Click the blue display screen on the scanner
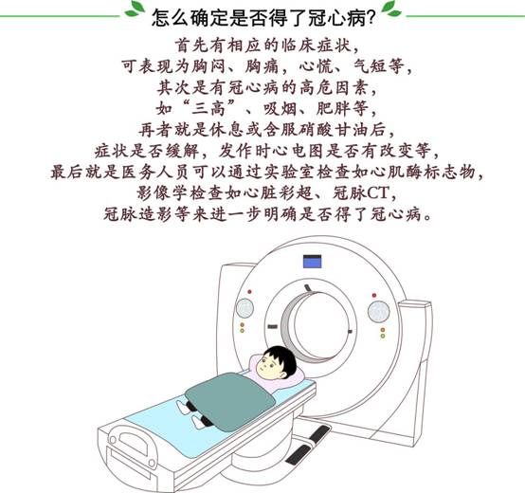pyautogui.click(x=312, y=262)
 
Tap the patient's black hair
pyautogui.click(x=281, y=358)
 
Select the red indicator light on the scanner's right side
pyautogui.click(x=374, y=296)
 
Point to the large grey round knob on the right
pyautogui.click(x=379, y=311)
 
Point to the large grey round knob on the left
pyautogui.click(x=244, y=308)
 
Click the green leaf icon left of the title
pyautogui.click(x=135, y=9)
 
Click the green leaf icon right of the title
pyautogui.click(x=391, y=9)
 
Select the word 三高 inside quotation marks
pyautogui.click(x=208, y=108)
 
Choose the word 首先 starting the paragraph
pyautogui.click(x=191, y=46)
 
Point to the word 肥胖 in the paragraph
pyautogui.click(x=332, y=108)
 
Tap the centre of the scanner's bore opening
pyautogui.click(x=320, y=325)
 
